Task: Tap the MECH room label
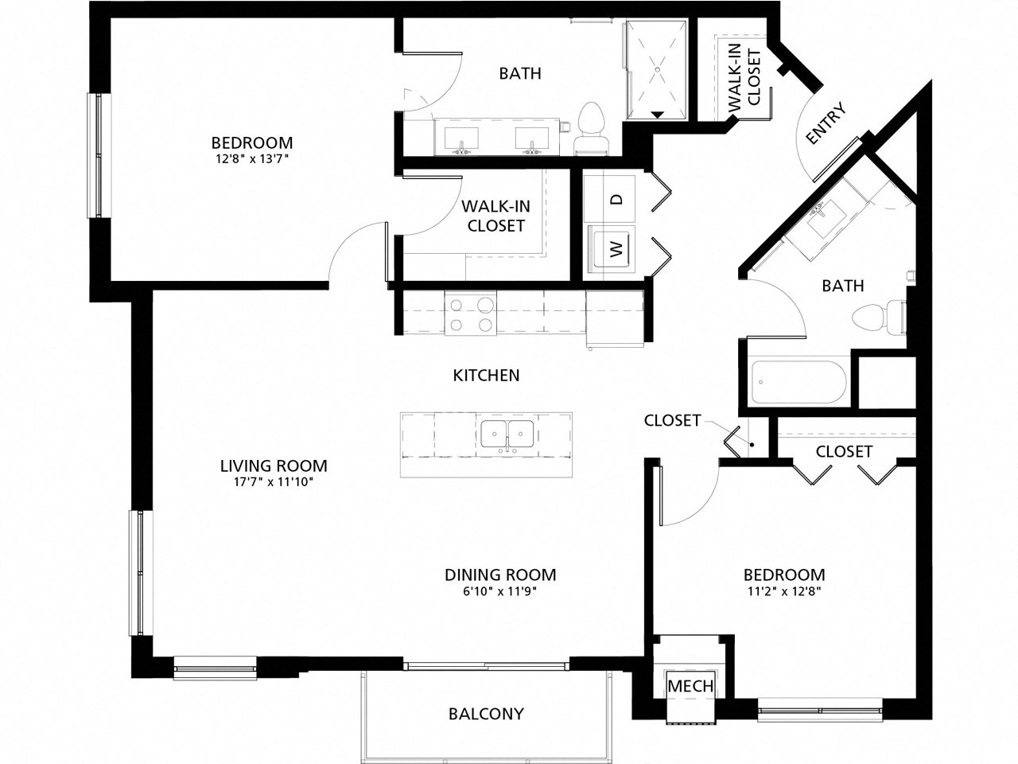coord(690,686)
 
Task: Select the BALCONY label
coord(486,713)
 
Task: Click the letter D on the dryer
coord(615,199)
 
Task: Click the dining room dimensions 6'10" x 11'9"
coord(499,591)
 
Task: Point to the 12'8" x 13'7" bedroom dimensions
coord(251,159)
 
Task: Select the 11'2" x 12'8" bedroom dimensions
coord(783,591)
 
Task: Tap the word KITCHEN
coord(486,374)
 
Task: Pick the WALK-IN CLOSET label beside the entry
coord(745,80)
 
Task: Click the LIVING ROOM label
coord(274,466)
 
